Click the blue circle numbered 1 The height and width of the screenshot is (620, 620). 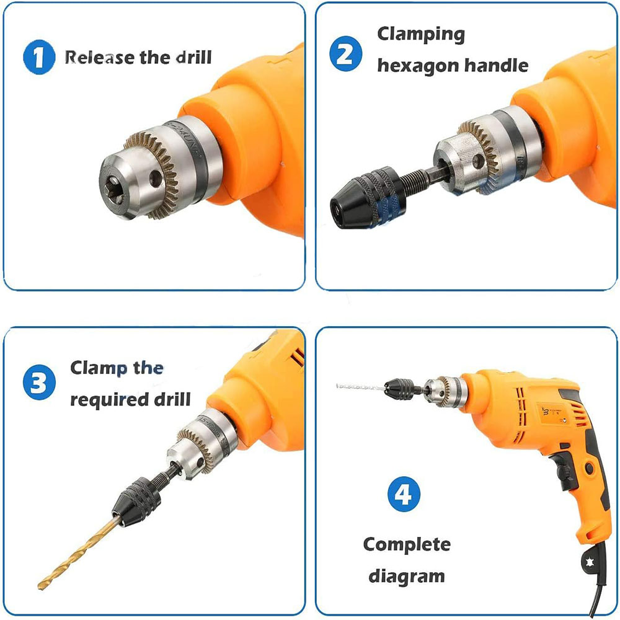tap(39, 57)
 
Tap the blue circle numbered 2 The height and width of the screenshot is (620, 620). tap(345, 54)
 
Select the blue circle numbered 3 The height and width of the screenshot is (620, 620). tap(39, 382)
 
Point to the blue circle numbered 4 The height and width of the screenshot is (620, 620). tap(404, 494)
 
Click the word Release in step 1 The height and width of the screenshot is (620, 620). tap(100, 57)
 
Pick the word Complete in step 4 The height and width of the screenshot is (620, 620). tap(407, 545)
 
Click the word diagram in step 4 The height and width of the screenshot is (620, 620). tap(407, 577)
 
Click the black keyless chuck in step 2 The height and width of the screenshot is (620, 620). tap(367, 198)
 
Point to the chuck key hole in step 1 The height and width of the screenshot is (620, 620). tap(156, 179)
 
